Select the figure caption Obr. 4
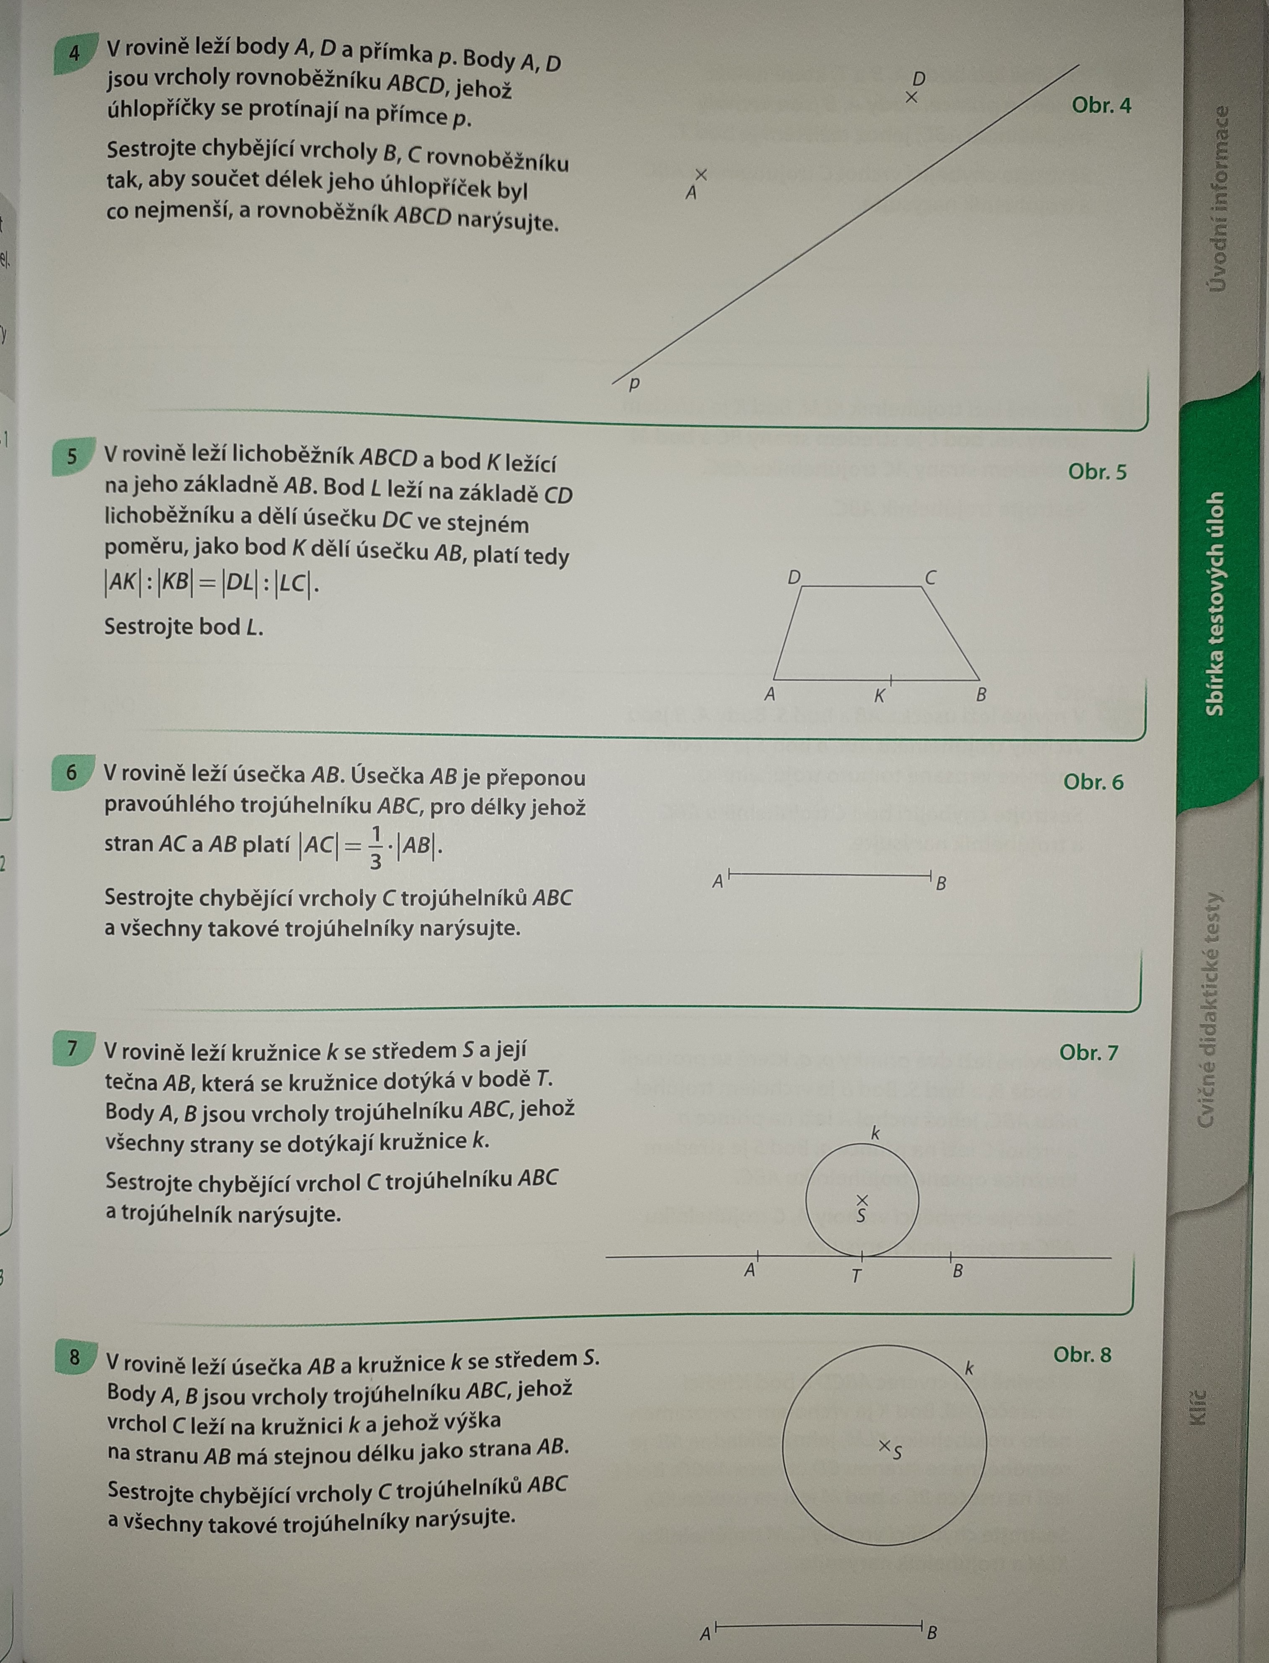point(1101,105)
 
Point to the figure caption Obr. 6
point(1093,782)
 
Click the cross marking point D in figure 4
point(912,97)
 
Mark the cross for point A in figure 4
point(701,174)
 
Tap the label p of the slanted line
point(635,384)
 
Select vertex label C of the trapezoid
point(931,578)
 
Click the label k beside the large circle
point(970,1367)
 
